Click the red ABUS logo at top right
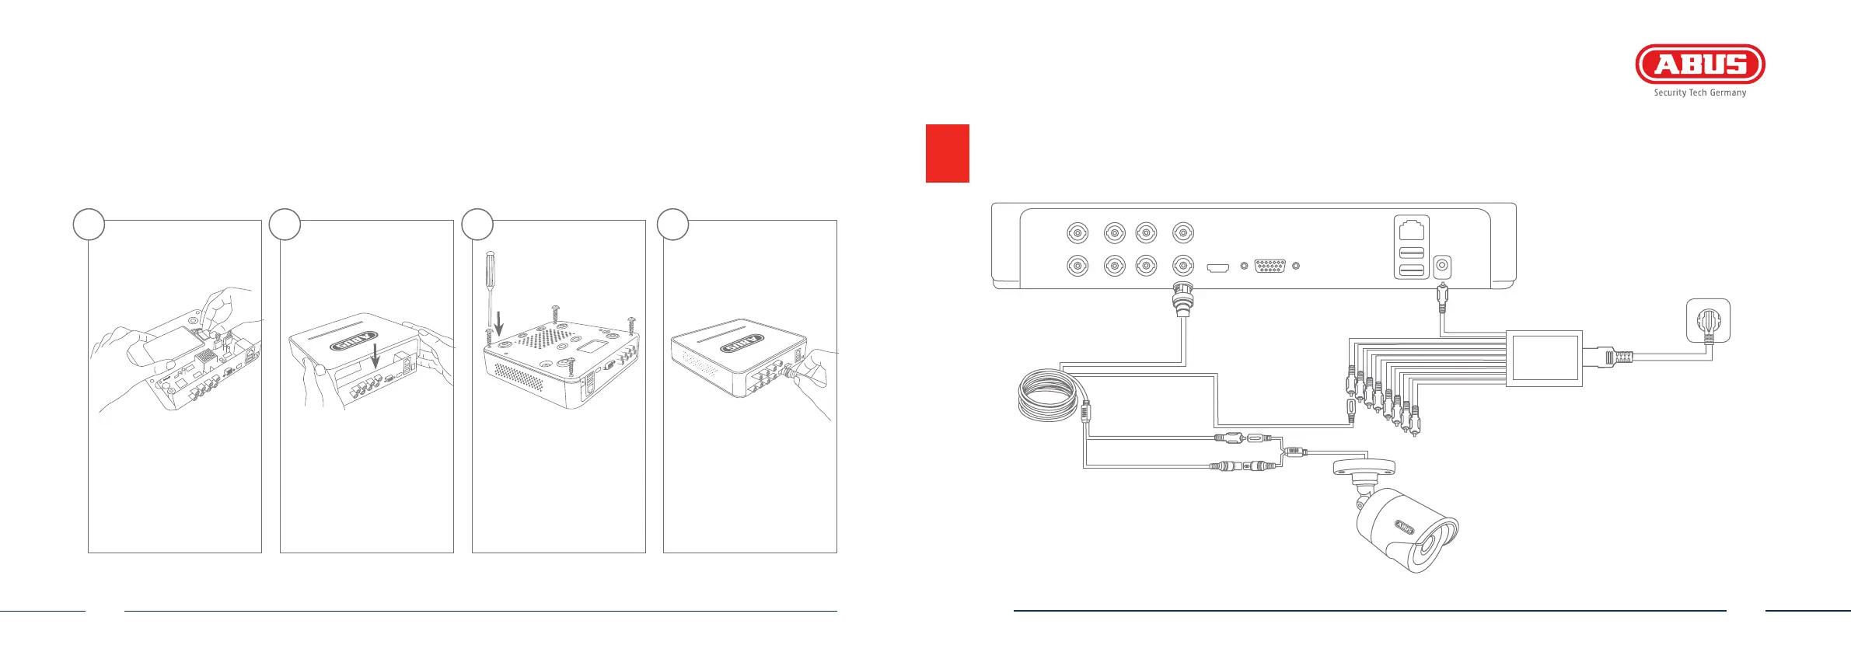[1699, 64]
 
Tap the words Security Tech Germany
[1699, 92]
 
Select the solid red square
[947, 153]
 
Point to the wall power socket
[1708, 321]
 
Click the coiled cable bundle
[1049, 396]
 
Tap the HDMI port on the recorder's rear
[1217, 268]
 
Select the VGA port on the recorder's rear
[1270, 267]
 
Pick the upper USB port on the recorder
[1411, 252]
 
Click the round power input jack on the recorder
[1442, 267]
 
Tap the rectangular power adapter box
[1544, 358]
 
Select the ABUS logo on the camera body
[1403, 528]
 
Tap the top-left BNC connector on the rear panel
[1077, 233]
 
